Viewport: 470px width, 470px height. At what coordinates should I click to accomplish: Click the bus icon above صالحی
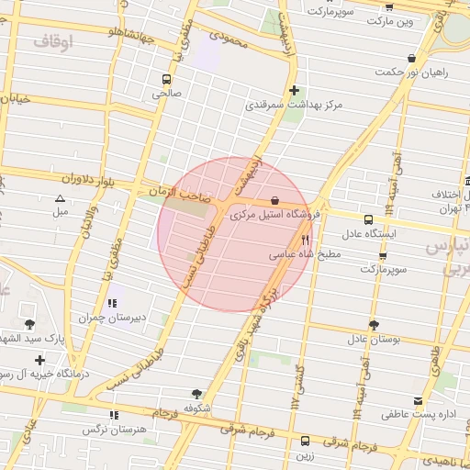pyautogui.click(x=166, y=79)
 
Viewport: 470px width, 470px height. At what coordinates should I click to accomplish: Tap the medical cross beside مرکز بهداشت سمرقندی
pyautogui.click(x=294, y=91)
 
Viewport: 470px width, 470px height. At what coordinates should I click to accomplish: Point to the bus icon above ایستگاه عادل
pyautogui.click(x=368, y=220)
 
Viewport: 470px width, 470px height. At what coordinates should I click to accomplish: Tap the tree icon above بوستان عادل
pyautogui.click(x=373, y=325)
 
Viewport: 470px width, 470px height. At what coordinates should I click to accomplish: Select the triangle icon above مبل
pyautogui.click(x=61, y=198)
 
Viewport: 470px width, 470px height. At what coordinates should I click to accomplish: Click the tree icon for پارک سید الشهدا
pyautogui.click(x=31, y=324)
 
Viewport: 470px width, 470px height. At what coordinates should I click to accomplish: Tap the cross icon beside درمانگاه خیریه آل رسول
pyautogui.click(x=39, y=360)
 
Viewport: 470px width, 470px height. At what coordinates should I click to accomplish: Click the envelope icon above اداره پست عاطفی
pyautogui.click(x=419, y=401)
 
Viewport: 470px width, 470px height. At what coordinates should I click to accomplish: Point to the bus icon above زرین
pyautogui.click(x=305, y=441)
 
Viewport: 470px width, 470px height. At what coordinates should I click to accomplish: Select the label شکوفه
pyautogui.click(x=197, y=407)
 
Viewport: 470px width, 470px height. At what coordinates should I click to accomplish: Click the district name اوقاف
pyautogui.click(x=53, y=42)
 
